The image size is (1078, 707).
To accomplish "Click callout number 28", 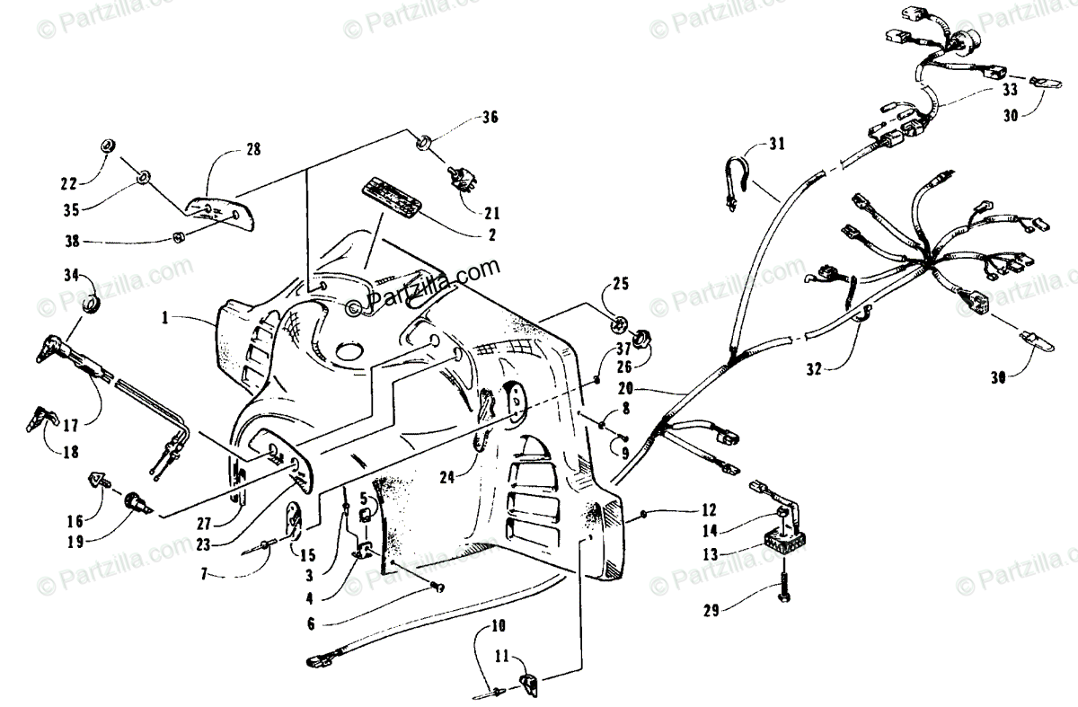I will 253,150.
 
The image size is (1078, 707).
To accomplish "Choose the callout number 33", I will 1010,91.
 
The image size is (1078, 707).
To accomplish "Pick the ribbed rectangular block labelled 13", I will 781,543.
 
